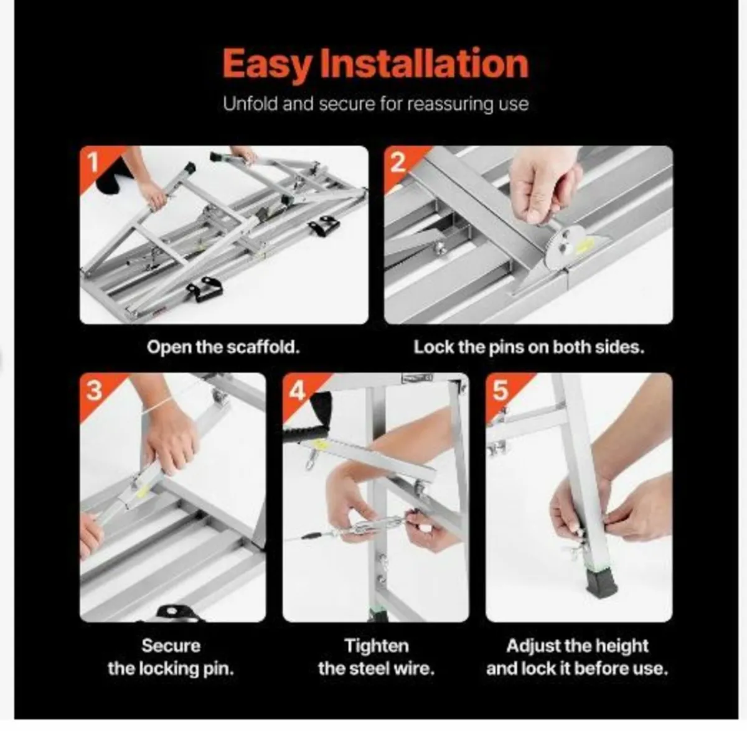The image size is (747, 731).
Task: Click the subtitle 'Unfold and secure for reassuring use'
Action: point(375,103)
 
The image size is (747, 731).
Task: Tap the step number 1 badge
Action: point(94,162)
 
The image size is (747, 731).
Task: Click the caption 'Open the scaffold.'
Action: point(223,347)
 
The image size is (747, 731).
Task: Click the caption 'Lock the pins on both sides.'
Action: point(529,347)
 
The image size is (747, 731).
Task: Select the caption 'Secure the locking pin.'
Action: point(171,657)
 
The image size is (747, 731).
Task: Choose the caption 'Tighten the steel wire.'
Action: point(376,657)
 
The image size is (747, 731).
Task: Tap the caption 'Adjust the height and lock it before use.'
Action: point(577,657)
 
